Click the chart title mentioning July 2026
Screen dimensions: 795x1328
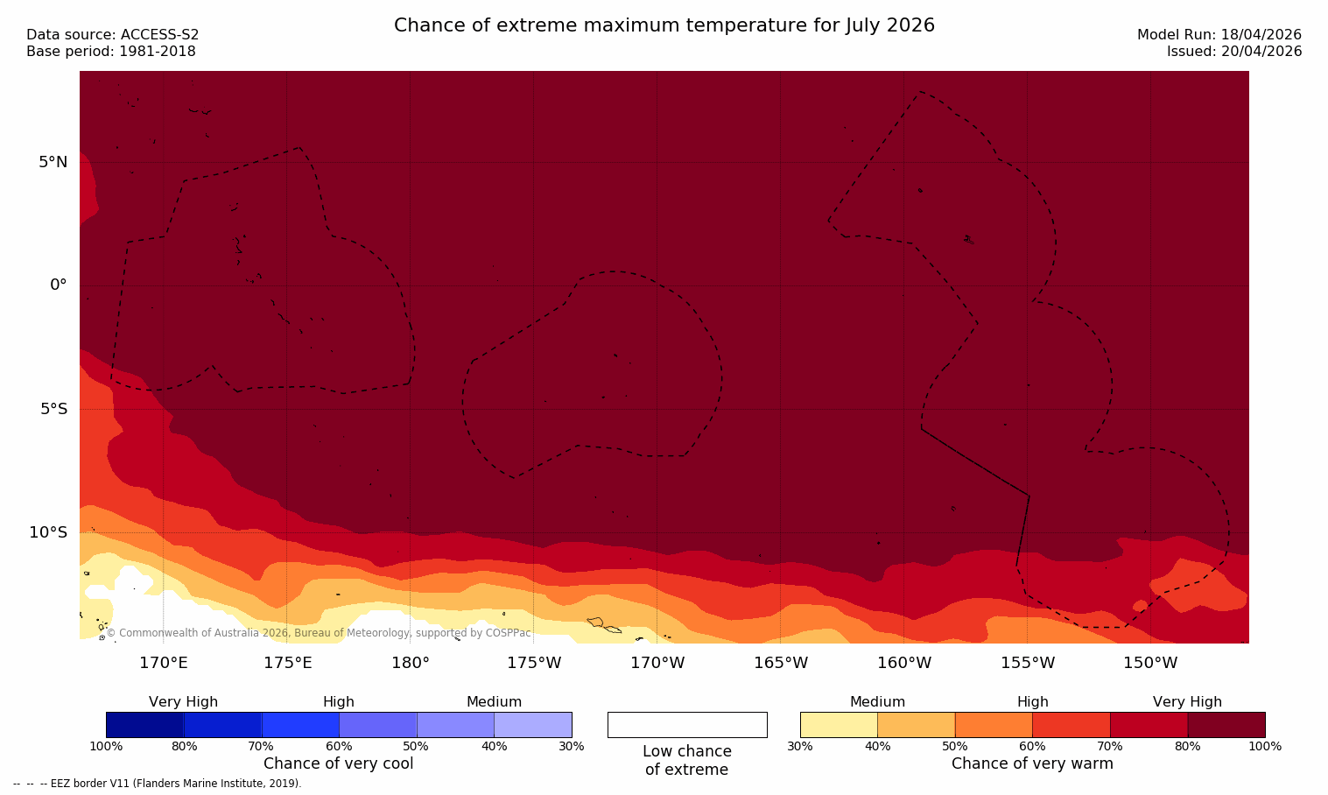point(664,25)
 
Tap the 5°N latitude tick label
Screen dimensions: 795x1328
point(53,162)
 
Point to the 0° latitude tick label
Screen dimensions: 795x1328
point(58,285)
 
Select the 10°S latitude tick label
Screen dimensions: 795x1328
point(48,532)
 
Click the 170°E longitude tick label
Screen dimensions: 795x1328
point(164,663)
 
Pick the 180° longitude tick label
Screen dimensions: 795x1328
point(410,663)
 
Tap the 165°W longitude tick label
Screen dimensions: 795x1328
point(781,663)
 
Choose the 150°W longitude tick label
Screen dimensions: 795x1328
point(1150,663)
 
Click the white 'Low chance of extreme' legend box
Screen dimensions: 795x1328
point(687,725)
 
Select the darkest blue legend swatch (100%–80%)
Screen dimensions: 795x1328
point(144,725)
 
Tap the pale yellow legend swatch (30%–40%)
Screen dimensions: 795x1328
point(839,725)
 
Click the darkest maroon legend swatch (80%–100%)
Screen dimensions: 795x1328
point(1226,725)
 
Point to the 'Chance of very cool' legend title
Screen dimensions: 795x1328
point(338,763)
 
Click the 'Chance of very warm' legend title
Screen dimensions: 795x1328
point(1032,763)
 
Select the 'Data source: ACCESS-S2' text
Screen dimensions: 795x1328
point(113,35)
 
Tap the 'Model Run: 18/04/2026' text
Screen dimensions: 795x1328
point(1219,35)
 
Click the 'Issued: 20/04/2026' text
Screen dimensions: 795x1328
point(1233,52)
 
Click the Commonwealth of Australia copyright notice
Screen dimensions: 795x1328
point(319,633)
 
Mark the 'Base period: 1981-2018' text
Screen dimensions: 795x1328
point(111,52)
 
